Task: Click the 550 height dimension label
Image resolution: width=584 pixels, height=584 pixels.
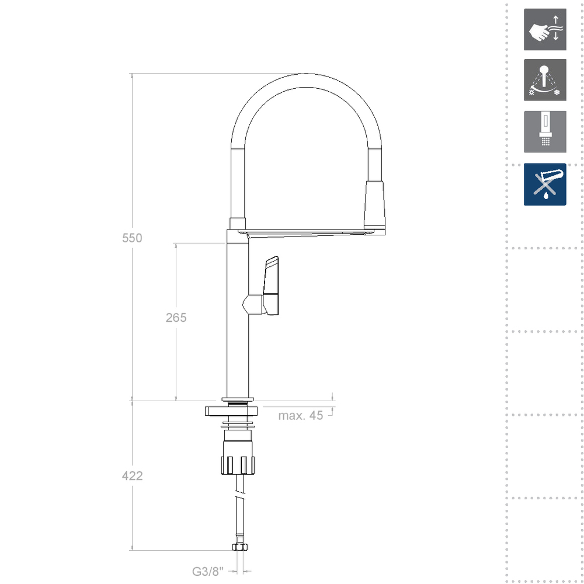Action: [x=132, y=238]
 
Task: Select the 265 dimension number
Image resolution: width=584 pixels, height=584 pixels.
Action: [x=176, y=318]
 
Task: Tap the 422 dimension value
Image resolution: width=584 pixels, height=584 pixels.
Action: [x=132, y=476]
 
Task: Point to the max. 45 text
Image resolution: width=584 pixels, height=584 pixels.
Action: [x=300, y=416]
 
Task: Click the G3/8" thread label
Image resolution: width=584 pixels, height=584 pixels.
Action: [x=208, y=572]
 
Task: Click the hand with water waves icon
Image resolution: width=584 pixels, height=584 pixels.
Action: [x=545, y=30]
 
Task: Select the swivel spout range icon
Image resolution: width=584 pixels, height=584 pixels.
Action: [x=545, y=79]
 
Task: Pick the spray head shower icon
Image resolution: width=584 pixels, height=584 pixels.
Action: [x=545, y=132]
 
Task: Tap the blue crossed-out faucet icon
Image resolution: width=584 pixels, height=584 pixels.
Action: [x=545, y=184]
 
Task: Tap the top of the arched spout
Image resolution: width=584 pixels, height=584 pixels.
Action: [x=306, y=81]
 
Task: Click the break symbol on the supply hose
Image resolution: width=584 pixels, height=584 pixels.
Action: [x=239, y=496]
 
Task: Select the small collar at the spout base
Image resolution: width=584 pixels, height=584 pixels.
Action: [x=238, y=223]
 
